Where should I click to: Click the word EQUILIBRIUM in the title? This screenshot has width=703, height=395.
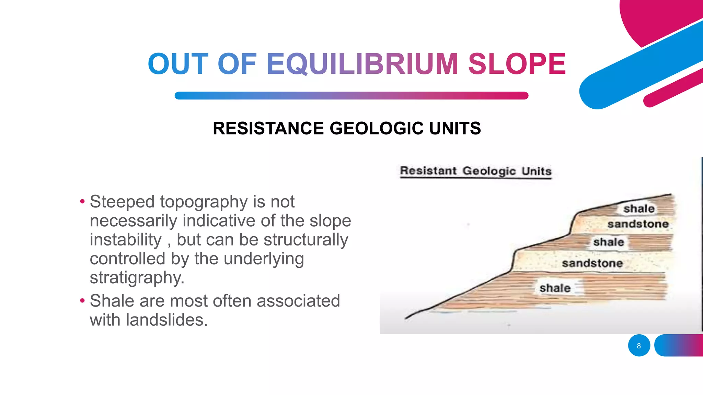coord(362,64)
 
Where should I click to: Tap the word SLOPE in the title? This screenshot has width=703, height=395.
coord(517,64)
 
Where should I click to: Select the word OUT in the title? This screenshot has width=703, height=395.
coord(178,64)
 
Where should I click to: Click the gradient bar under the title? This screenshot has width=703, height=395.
coord(351,96)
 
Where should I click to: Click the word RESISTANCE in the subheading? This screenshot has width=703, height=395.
coord(268,129)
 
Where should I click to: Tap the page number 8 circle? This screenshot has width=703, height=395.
coord(639,346)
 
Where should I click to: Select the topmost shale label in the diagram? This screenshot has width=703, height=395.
coord(639,208)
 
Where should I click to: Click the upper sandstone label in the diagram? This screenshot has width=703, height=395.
coord(638,224)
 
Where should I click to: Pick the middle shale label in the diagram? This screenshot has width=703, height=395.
coord(609,242)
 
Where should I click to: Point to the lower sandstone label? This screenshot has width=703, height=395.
coord(592,263)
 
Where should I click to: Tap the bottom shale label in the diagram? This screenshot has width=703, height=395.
coord(555,288)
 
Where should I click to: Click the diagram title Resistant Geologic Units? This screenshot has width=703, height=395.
coord(476,171)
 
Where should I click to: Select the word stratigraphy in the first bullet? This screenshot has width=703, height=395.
coord(137,278)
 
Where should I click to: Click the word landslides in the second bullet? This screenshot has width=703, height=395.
coord(166,320)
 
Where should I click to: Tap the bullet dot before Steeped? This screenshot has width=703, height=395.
coord(82,202)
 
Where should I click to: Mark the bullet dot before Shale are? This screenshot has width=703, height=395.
coord(82,301)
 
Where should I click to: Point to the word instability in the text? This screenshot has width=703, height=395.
coord(126,240)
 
